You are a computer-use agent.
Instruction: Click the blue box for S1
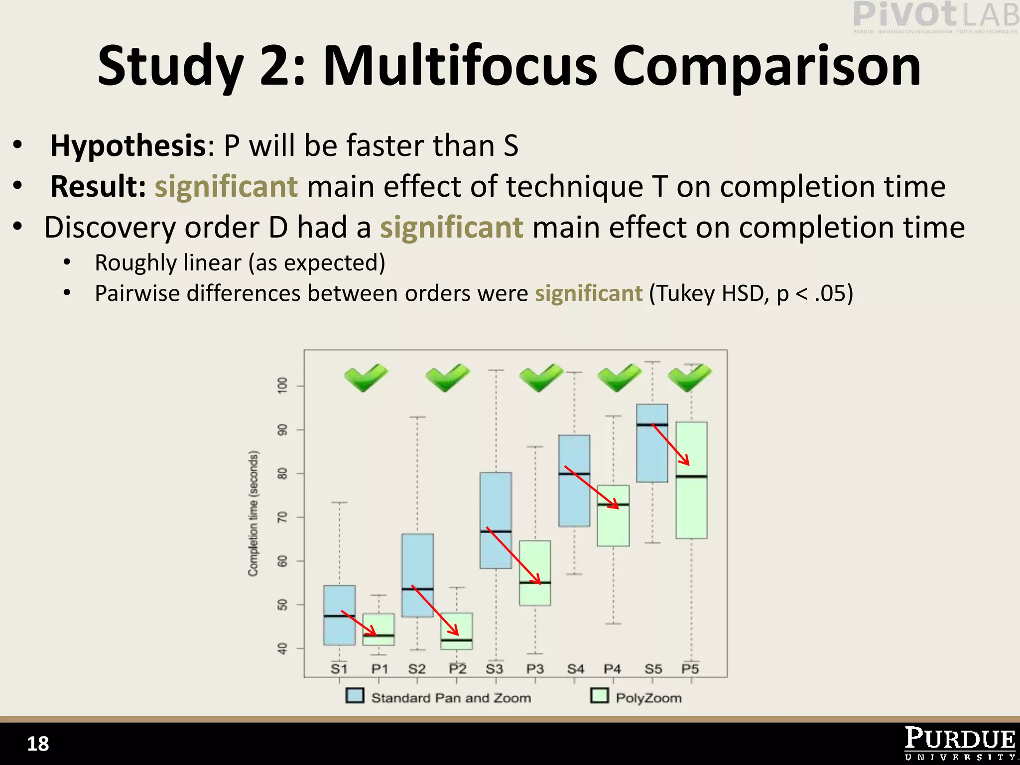click(339, 615)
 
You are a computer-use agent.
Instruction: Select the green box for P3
click(535, 573)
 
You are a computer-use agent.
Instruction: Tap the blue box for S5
click(652, 443)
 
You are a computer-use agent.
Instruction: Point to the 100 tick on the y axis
click(282, 385)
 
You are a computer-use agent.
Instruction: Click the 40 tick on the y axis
click(282, 648)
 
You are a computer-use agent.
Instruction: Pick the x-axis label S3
click(495, 669)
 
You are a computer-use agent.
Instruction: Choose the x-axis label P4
click(613, 669)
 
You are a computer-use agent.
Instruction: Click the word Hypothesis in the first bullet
click(128, 146)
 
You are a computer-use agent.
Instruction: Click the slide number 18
click(38, 744)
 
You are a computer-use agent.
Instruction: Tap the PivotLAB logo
click(935, 16)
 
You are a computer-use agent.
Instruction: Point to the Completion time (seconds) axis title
click(254, 513)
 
